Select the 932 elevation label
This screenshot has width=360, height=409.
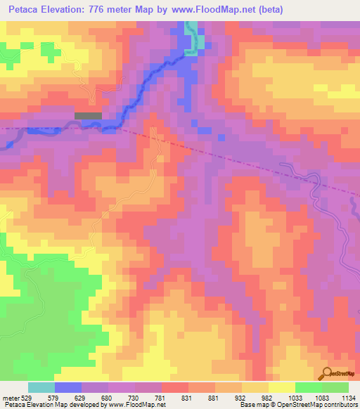240,397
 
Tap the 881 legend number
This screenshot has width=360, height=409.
214,397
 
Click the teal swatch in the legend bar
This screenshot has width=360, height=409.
41,387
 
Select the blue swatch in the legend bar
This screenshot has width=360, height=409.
68,387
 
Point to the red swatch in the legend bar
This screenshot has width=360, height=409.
175,387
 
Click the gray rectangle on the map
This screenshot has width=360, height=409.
88,115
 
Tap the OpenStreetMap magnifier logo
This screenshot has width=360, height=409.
328,375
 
